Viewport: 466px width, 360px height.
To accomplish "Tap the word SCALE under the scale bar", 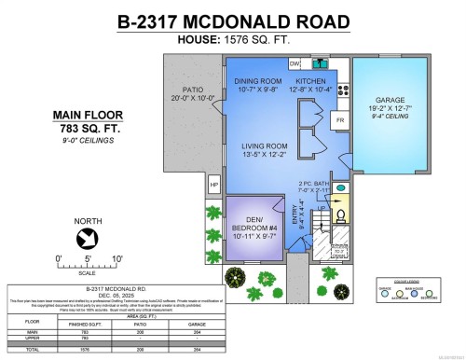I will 87,272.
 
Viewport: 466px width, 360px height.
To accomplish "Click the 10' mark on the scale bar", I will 116,258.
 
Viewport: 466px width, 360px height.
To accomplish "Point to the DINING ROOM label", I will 257,83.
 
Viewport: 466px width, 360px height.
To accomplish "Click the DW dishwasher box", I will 295,63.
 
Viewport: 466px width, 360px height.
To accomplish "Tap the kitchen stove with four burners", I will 343,91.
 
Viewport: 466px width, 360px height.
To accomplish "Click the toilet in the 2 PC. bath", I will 339,213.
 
